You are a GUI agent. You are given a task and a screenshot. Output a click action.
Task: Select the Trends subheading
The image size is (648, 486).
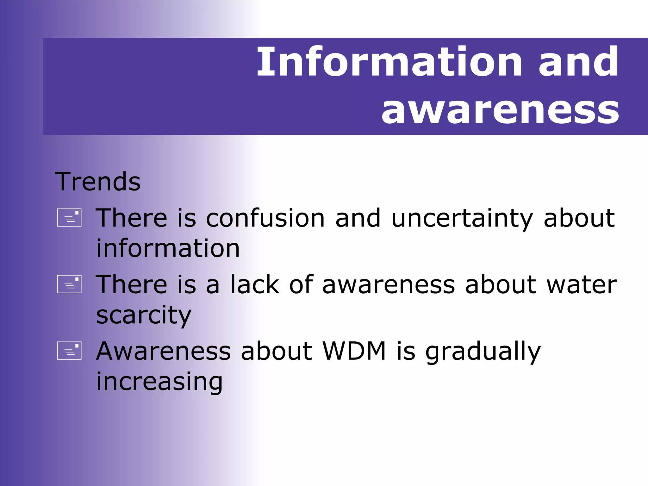tap(98, 182)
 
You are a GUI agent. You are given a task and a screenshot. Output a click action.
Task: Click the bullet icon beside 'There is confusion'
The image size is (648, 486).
tap(69, 218)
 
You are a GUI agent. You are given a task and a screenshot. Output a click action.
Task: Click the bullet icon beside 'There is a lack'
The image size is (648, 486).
tap(69, 284)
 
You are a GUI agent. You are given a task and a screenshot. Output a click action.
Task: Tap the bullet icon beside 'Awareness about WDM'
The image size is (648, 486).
tap(69, 351)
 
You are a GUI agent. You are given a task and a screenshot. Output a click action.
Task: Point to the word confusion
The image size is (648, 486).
tap(265, 218)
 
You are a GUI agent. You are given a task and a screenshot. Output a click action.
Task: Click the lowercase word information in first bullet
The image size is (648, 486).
tap(168, 248)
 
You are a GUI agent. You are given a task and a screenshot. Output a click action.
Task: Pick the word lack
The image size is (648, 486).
tap(255, 284)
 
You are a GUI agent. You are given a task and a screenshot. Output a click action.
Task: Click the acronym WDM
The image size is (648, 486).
tap(354, 351)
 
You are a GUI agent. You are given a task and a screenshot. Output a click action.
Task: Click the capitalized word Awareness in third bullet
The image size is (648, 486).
tap(163, 351)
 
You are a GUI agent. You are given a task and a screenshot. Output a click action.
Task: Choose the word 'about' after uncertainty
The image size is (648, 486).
tap(579, 218)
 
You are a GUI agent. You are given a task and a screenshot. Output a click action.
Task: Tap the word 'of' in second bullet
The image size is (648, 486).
tap(301, 284)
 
